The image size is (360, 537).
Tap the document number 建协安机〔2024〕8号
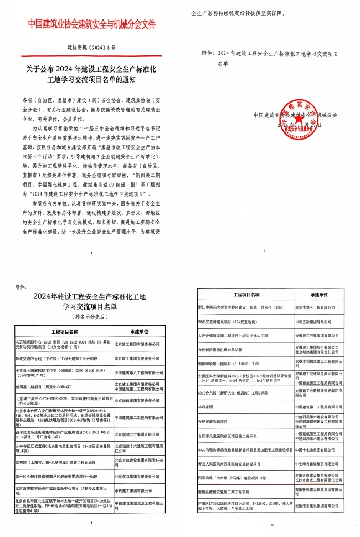91,48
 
